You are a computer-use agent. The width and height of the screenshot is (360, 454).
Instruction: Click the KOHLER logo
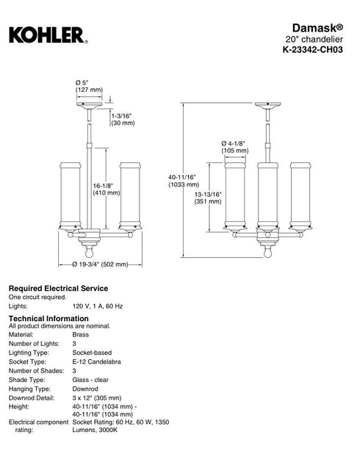48,35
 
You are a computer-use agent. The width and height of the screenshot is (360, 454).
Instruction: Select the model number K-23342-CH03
312,49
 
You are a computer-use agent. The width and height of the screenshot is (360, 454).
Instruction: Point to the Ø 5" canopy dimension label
89,86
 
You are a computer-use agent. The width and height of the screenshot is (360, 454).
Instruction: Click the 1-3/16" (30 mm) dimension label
123,119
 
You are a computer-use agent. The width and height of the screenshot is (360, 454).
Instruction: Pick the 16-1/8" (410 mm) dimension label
107,189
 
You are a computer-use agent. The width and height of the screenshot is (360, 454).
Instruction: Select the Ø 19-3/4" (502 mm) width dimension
100,264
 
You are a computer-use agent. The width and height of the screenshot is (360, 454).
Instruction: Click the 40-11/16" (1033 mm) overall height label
184,181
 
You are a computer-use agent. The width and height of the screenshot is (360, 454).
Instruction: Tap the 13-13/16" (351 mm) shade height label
208,198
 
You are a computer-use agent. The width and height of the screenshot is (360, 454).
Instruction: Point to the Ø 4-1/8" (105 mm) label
235,147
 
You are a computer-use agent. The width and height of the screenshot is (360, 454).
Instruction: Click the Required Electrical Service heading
58,289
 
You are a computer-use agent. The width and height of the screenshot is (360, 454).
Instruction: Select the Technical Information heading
48,319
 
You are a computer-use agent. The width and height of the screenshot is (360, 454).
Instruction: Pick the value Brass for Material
81,335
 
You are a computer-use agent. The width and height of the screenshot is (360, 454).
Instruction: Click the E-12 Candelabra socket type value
96,361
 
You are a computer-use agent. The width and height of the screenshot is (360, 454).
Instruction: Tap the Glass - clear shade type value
90,380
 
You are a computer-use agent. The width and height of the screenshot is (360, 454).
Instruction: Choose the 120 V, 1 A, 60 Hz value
98,306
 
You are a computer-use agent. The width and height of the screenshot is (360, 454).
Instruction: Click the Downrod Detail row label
32,398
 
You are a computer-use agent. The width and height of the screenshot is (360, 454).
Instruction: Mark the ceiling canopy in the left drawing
89,105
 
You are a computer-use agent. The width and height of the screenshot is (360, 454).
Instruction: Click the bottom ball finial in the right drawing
267,253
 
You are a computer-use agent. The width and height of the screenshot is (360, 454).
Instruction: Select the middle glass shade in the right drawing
267,195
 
